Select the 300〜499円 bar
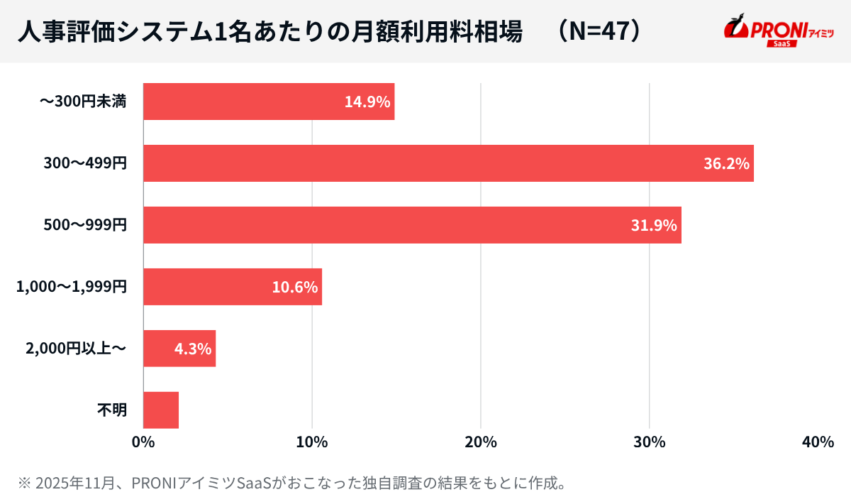pos(448,163)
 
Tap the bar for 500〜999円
pos(412,225)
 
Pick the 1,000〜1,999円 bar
pos(233,287)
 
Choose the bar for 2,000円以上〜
pos(179,349)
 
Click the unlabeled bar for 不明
pos(161,410)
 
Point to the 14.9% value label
pos(367,102)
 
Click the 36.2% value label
pos(726,163)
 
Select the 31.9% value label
pos(654,225)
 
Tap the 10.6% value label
pos(295,287)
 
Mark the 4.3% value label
pos(193,349)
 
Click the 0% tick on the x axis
pos(143,442)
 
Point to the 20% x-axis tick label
pos(481,442)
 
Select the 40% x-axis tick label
pos(818,442)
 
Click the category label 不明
pos(111,410)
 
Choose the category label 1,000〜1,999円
pos(72,288)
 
